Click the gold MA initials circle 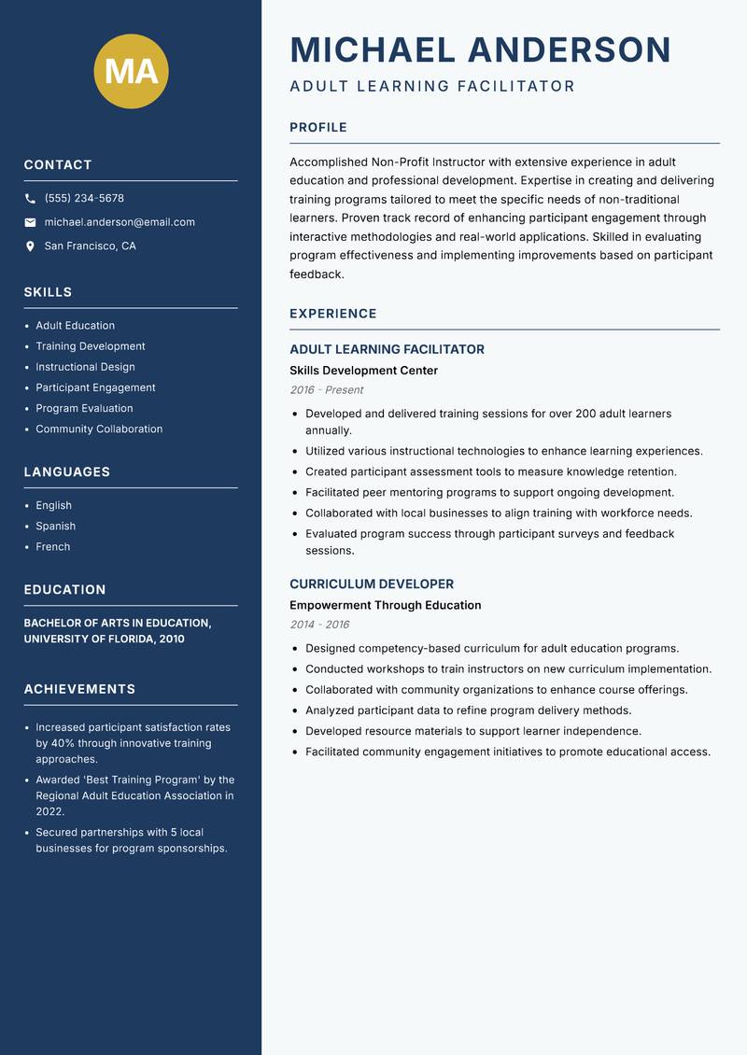131,72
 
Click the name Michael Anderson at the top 480,49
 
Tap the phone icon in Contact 30,199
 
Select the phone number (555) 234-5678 84,199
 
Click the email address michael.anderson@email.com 120,222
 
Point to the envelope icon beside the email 30,222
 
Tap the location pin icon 30,246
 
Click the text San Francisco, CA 90,246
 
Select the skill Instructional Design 85,367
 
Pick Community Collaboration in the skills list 99,429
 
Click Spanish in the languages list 55,527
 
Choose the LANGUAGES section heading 67,472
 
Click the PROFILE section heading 318,128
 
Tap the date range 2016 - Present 326,390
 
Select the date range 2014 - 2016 318,625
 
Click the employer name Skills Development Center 363,371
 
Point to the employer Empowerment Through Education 385,605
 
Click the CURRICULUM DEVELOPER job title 372,584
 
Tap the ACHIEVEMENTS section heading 79,689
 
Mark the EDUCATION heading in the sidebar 64,590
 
